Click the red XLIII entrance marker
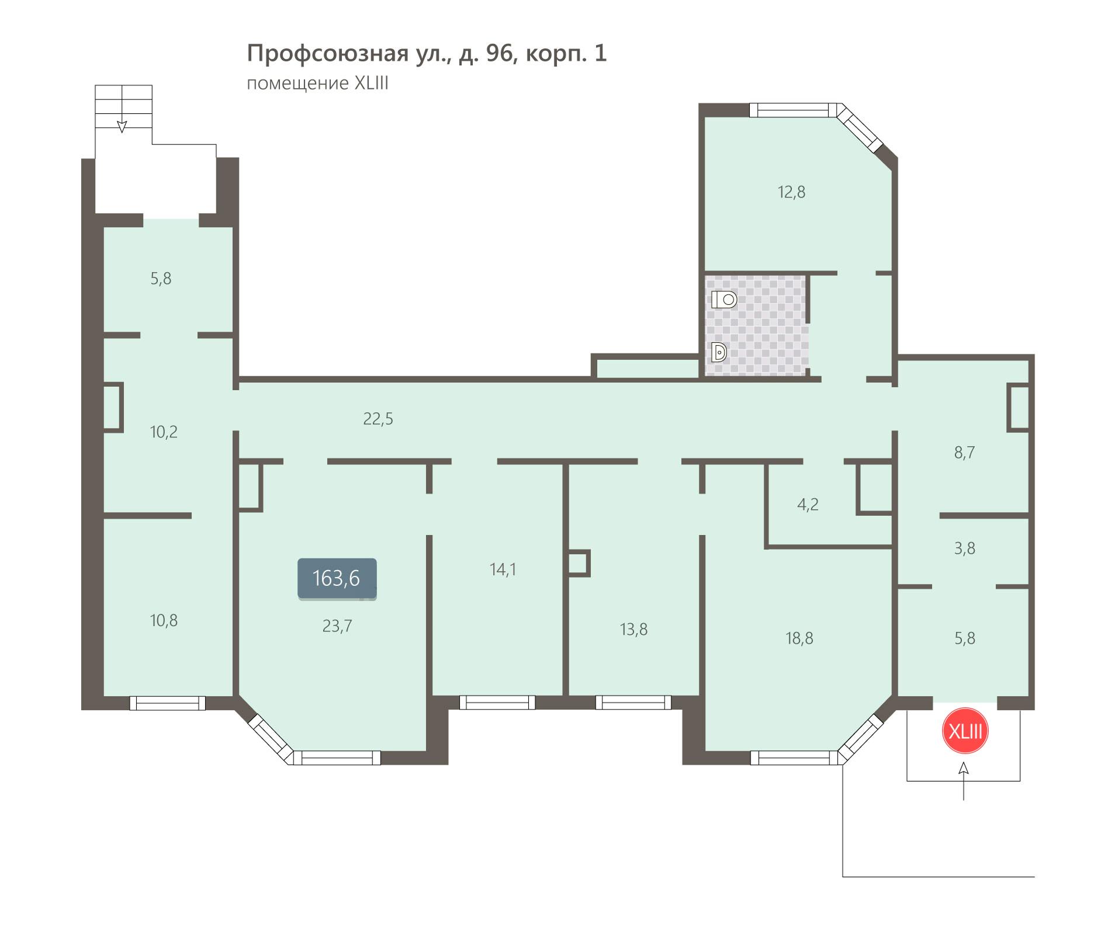(965, 731)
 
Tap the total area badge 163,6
(337, 579)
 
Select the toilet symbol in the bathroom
(723, 300)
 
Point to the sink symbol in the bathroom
(719, 352)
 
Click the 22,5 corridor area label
(378, 419)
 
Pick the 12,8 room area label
(791, 192)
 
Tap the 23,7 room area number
(337, 626)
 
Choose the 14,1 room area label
(503, 569)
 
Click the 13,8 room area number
(633, 630)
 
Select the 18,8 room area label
(799, 638)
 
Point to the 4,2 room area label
(808, 505)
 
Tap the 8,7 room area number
(964, 453)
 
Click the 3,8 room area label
(964, 548)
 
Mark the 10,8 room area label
(164, 620)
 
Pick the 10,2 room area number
(164, 432)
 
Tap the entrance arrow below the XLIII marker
(964, 780)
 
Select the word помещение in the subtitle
(297, 84)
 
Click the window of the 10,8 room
(168, 703)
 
